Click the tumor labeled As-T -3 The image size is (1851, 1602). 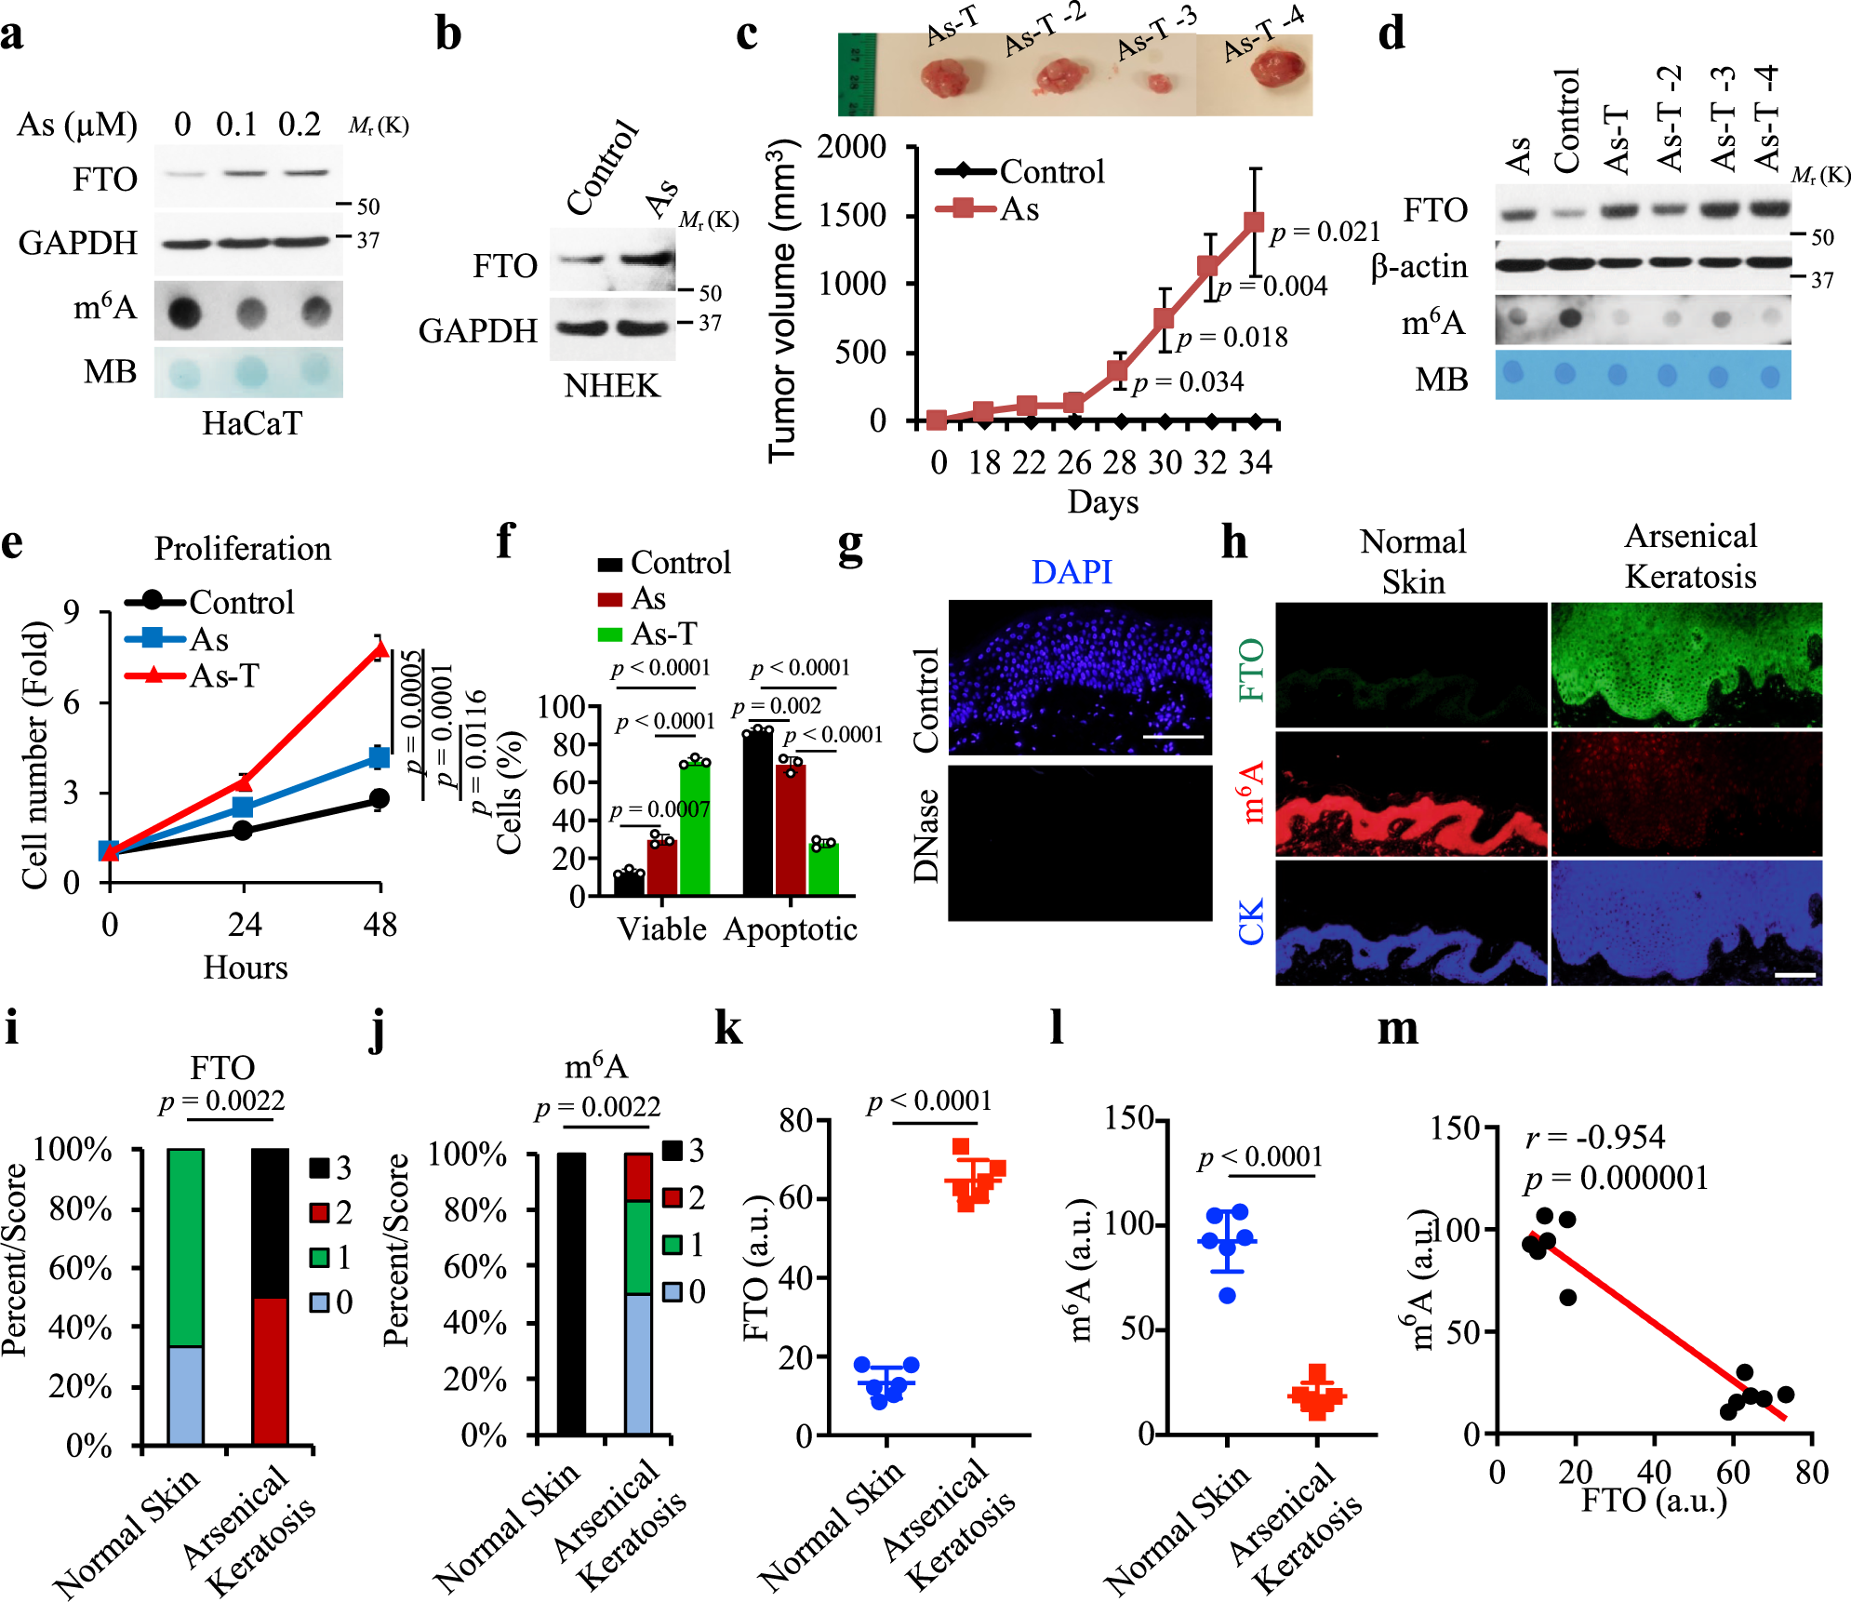point(1157,83)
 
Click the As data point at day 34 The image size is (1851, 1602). point(1254,221)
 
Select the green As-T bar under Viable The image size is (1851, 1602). point(695,828)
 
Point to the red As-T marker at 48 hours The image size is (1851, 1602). point(379,650)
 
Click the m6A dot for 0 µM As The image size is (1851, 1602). point(184,311)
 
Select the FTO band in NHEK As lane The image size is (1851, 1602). point(646,258)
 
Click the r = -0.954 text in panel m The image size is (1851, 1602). point(1595,1137)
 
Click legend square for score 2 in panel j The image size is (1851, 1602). point(672,1197)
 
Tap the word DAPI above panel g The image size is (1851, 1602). point(1072,571)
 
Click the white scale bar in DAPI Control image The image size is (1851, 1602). point(1172,737)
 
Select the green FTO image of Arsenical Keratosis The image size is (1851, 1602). point(1685,664)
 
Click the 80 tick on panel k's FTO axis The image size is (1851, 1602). point(796,1119)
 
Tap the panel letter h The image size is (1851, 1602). point(1233,541)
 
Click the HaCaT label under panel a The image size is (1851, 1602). point(252,424)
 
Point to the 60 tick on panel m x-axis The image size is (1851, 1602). point(1733,1472)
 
